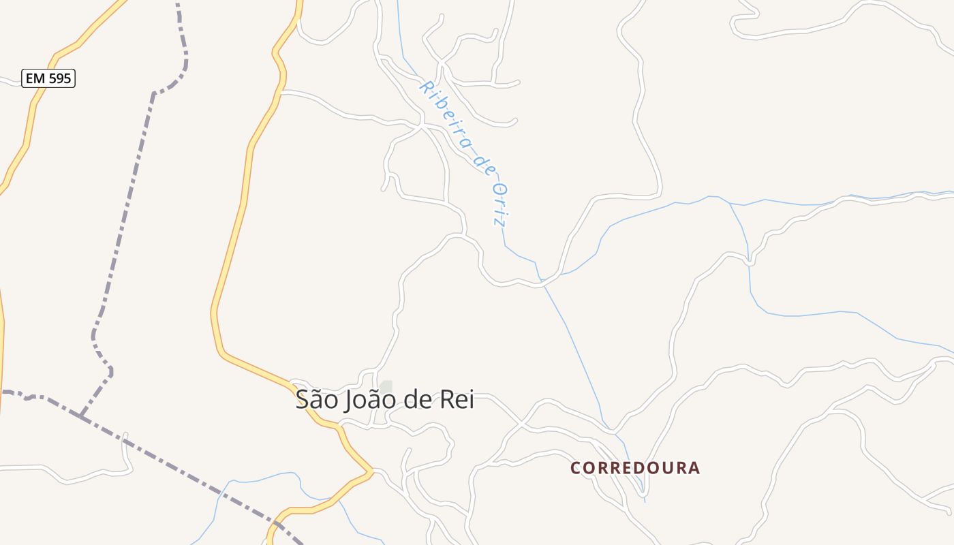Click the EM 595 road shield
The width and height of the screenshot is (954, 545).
tap(48, 78)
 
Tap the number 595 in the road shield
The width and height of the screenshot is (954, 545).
tap(59, 78)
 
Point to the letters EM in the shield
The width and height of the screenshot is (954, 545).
tap(35, 78)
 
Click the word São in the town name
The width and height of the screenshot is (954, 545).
tap(316, 400)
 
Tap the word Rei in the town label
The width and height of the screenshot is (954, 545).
tap(457, 400)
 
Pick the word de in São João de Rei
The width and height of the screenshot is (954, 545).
tap(417, 400)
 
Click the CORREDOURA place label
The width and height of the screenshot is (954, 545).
tap(635, 468)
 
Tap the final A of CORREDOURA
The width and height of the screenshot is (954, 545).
tap(694, 468)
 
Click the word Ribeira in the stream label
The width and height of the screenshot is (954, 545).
tap(447, 116)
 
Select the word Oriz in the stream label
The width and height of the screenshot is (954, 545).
tap(501, 204)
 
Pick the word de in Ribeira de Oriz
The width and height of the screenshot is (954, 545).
tap(484, 164)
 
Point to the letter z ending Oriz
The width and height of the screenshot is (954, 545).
tap(502, 221)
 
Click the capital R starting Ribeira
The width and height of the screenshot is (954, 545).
tap(427, 87)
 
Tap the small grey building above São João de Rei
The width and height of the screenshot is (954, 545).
tap(386, 386)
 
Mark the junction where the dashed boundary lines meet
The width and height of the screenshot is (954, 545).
tap(80, 416)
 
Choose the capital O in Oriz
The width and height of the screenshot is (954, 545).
tap(499, 189)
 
